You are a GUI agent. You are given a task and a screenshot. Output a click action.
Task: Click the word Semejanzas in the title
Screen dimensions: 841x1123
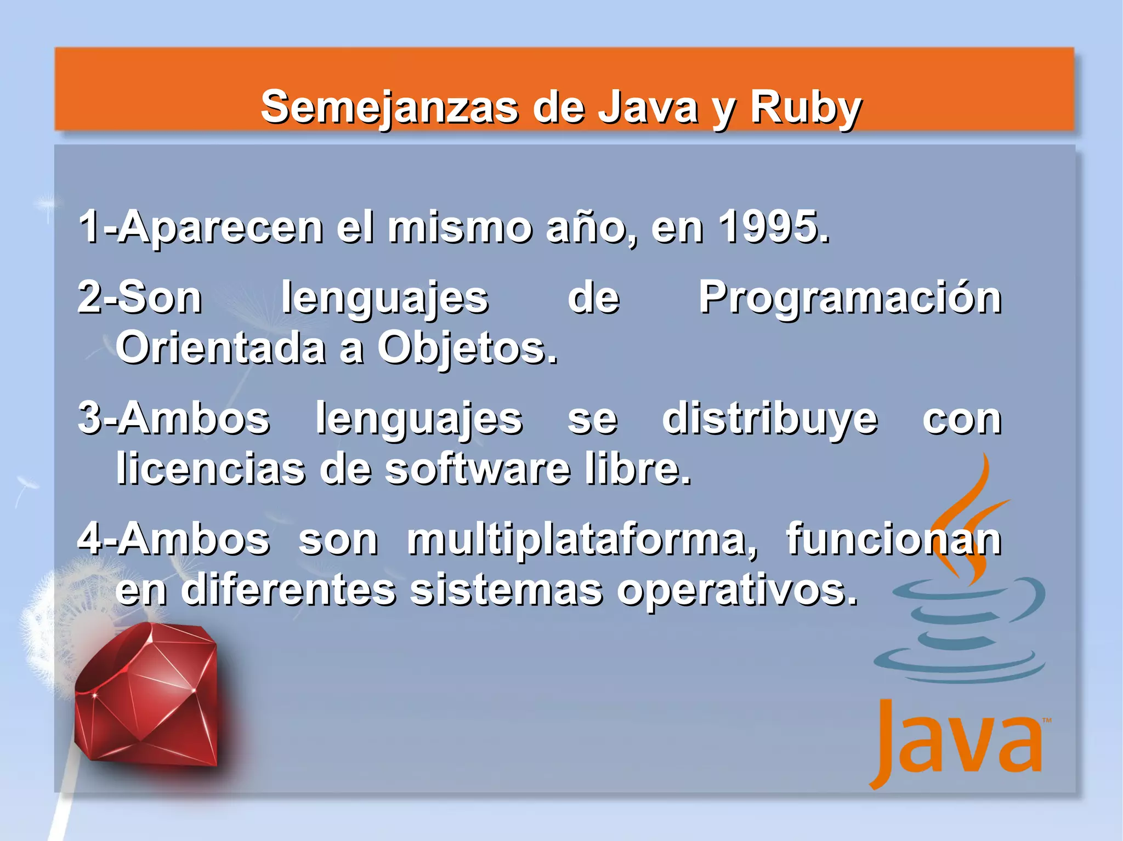(389, 107)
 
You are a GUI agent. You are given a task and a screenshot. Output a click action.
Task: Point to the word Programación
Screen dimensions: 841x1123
(850, 299)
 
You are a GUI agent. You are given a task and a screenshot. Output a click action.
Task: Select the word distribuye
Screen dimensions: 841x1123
(770, 420)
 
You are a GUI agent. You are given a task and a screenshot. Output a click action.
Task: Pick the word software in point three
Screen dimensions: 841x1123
(477, 469)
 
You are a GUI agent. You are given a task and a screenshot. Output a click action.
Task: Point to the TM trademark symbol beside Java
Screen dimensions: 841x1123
(1047, 720)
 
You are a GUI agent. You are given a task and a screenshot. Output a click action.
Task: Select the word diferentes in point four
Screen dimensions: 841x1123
(288, 590)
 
